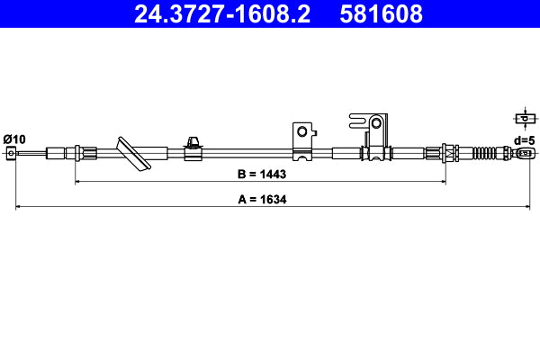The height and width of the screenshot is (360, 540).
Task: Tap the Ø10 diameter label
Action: (14, 138)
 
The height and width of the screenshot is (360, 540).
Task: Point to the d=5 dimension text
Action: (524, 139)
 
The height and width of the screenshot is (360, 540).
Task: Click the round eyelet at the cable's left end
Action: (11, 154)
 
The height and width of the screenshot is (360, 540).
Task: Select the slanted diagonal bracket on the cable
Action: (131, 154)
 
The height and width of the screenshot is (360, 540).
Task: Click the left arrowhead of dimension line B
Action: (77, 181)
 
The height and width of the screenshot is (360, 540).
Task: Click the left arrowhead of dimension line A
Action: (19, 208)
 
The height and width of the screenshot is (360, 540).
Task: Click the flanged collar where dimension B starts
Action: (77, 153)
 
